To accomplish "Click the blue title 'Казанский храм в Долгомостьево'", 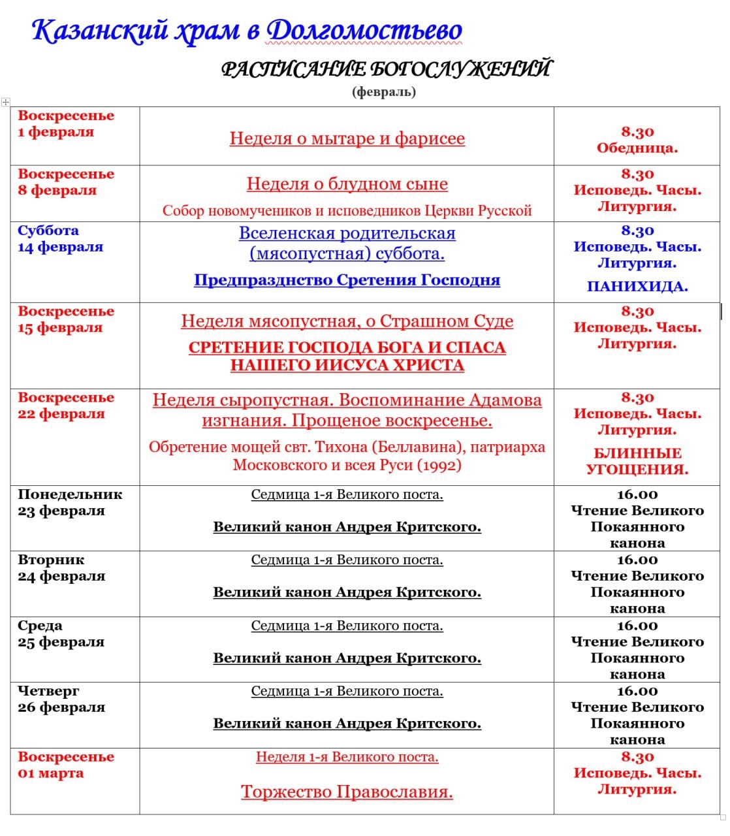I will click(x=247, y=31).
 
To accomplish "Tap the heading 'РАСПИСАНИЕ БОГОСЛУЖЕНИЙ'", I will click(x=386, y=69).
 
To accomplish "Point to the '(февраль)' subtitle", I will click(x=384, y=91).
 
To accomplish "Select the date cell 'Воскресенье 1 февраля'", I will click(x=65, y=123).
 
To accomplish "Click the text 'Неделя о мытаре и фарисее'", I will click(x=347, y=138).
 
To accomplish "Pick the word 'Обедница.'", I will click(x=637, y=148).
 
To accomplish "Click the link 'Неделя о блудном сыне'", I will click(x=347, y=184).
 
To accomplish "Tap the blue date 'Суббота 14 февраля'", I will click(x=60, y=238).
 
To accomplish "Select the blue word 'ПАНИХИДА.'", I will click(x=637, y=286).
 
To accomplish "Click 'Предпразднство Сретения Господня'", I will click(x=347, y=280).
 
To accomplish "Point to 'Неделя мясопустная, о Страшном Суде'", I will click(x=347, y=321).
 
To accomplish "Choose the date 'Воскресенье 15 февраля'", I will click(x=65, y=319).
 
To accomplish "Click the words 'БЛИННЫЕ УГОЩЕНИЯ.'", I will click(x=637, y=461).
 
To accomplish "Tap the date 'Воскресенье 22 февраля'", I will click(x=65, y=406).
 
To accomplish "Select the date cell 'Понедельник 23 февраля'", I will click(x=69, y=502).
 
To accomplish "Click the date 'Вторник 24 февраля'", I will click(x=61, y=568).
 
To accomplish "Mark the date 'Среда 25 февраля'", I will click(x=61, y=634).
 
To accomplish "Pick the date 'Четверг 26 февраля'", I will click(x=61, y=699).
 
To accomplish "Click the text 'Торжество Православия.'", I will click(x=347, y=792).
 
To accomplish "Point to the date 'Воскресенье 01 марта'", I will click(x=65, y=765).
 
